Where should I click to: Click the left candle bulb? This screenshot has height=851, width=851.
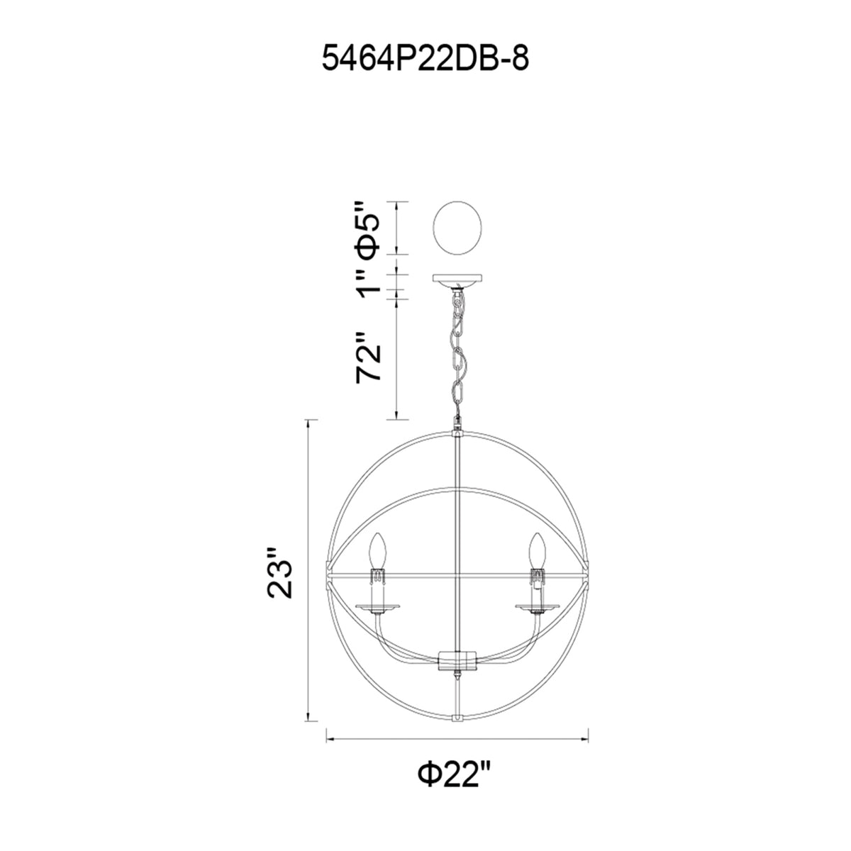pos(378,551)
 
